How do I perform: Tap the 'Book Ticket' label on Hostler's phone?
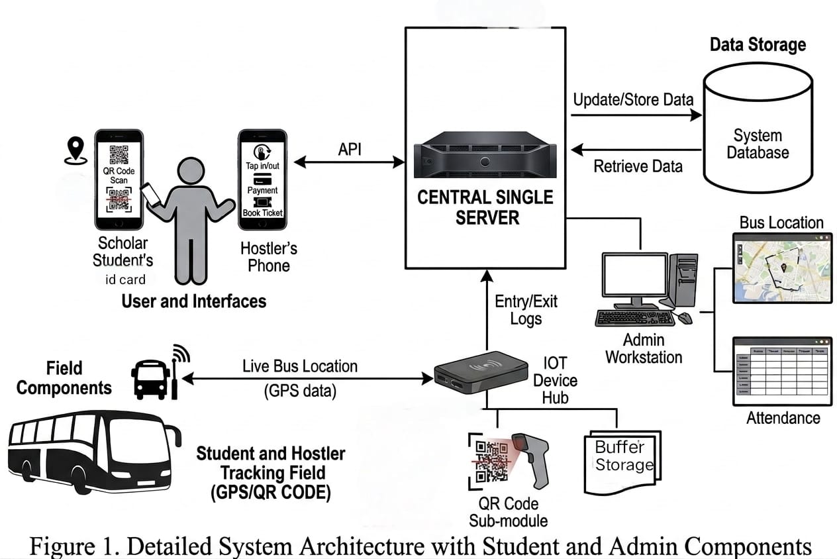(x=262, y=213)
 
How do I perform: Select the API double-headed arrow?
(x=348, y=161)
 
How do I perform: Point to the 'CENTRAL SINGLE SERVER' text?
(x=485, y=207)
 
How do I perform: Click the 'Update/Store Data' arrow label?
(x=633, y=100)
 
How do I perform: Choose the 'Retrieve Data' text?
(x=638, y=166)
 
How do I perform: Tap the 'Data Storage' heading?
(x=758, y=45)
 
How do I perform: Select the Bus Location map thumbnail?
(x=781, y=267)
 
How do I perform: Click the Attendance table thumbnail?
(x=781, y=371)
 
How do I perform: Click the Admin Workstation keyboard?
(x=634, y=318)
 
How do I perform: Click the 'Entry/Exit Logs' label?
(x=526, y=310)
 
